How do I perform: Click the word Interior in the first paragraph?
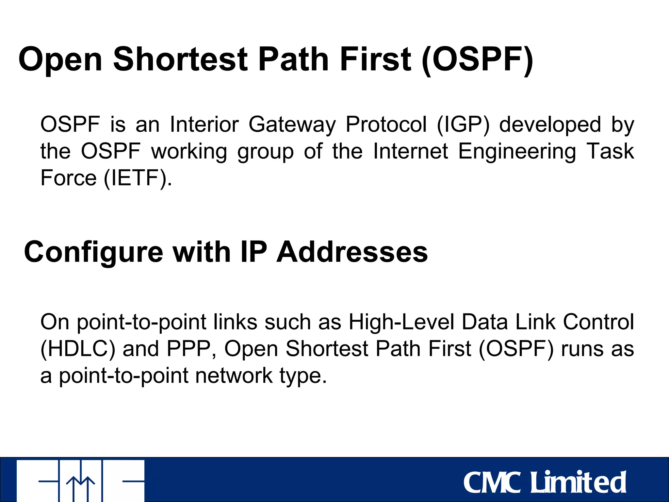coord(204,125)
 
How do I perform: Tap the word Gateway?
coord(292,125)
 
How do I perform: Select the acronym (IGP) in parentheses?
coord(463,125)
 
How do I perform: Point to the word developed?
coord(550,125)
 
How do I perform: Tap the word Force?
coord(68,178)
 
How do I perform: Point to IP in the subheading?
coord(253,252)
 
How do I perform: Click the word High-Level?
coord(401,322)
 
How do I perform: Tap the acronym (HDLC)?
coord(78,349)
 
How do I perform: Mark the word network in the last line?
coord(234,376)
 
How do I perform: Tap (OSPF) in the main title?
coord(477,59)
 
